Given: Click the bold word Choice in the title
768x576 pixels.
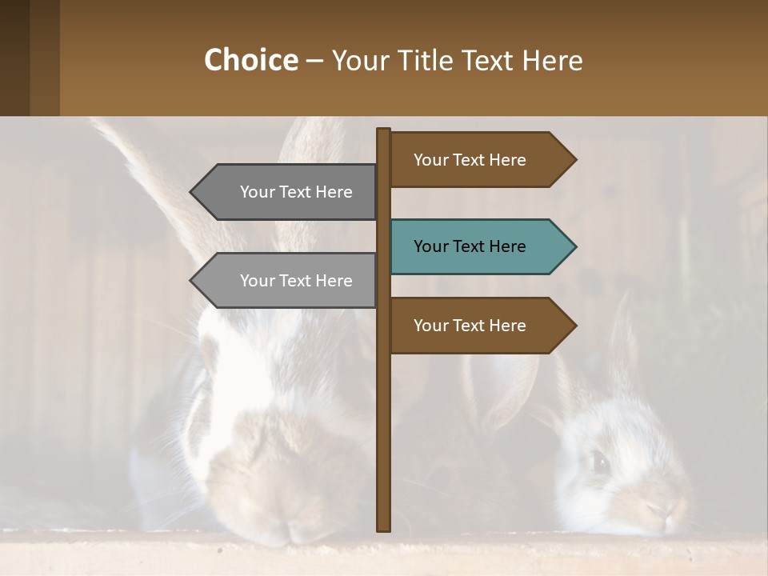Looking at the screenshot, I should click(x=250, y=60).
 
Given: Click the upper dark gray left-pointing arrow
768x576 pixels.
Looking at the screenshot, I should click(x=288, y=192).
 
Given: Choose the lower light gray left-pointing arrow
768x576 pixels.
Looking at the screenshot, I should click(x=288, y=281).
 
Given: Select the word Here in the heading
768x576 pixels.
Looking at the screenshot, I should click(x=552, y=60).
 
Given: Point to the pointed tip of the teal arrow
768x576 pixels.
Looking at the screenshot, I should click(x=574, y=246).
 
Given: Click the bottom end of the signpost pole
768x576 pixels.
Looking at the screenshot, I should click(x=384, y=528).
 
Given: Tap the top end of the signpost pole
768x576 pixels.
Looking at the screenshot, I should click(x=384, y=130).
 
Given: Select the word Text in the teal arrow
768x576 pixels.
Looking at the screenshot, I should click(x=470, y=246).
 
